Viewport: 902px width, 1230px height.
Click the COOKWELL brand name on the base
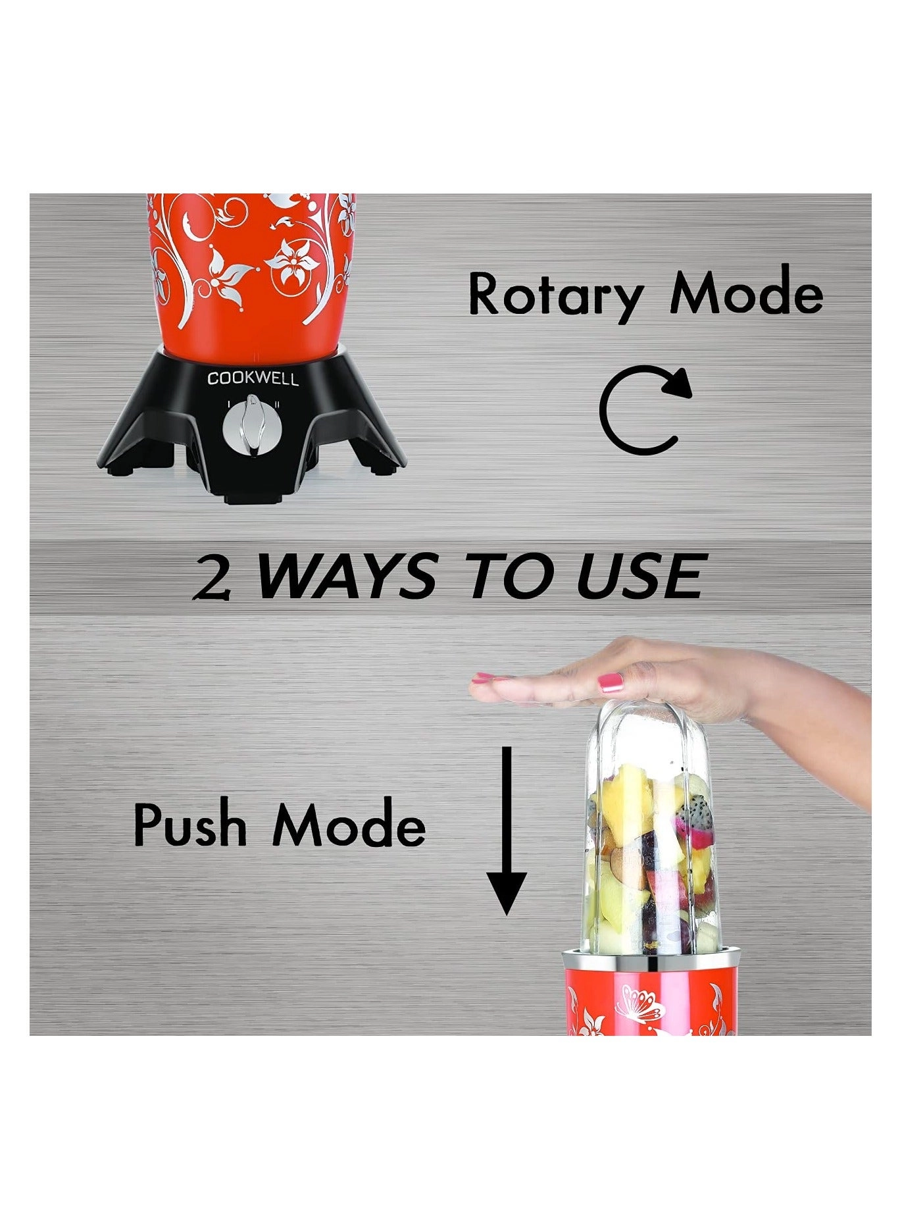coord(253,379)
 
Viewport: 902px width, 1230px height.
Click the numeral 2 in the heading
coord(213,577)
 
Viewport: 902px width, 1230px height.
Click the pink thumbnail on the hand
coord(610,684)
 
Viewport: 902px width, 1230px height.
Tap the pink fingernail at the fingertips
coord(486,677)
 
